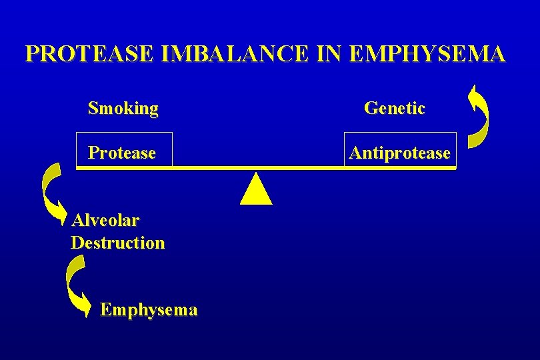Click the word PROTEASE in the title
[90, 54]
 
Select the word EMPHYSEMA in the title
[427, 54]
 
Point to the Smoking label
[123, 108]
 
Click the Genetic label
[394, 108]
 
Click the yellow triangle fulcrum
[256, 191]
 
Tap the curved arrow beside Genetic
[479, 115]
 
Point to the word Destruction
[117, 243]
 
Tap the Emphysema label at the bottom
[148, 309]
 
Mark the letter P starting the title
[31, 54]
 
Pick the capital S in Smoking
[93, 108]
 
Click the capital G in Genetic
[370, 108]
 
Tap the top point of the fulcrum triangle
[256, 175]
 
